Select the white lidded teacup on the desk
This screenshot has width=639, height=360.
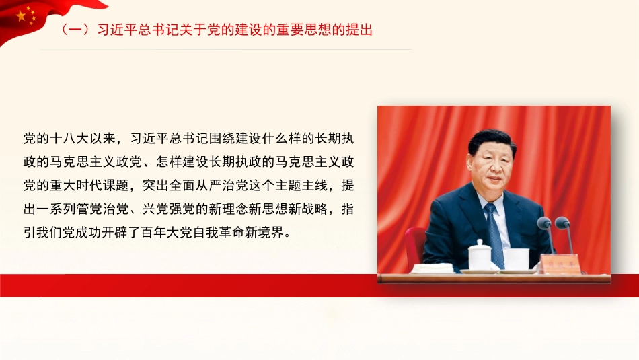[x=480, y=255]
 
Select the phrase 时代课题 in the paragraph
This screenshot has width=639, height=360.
[x=116, y=186]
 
